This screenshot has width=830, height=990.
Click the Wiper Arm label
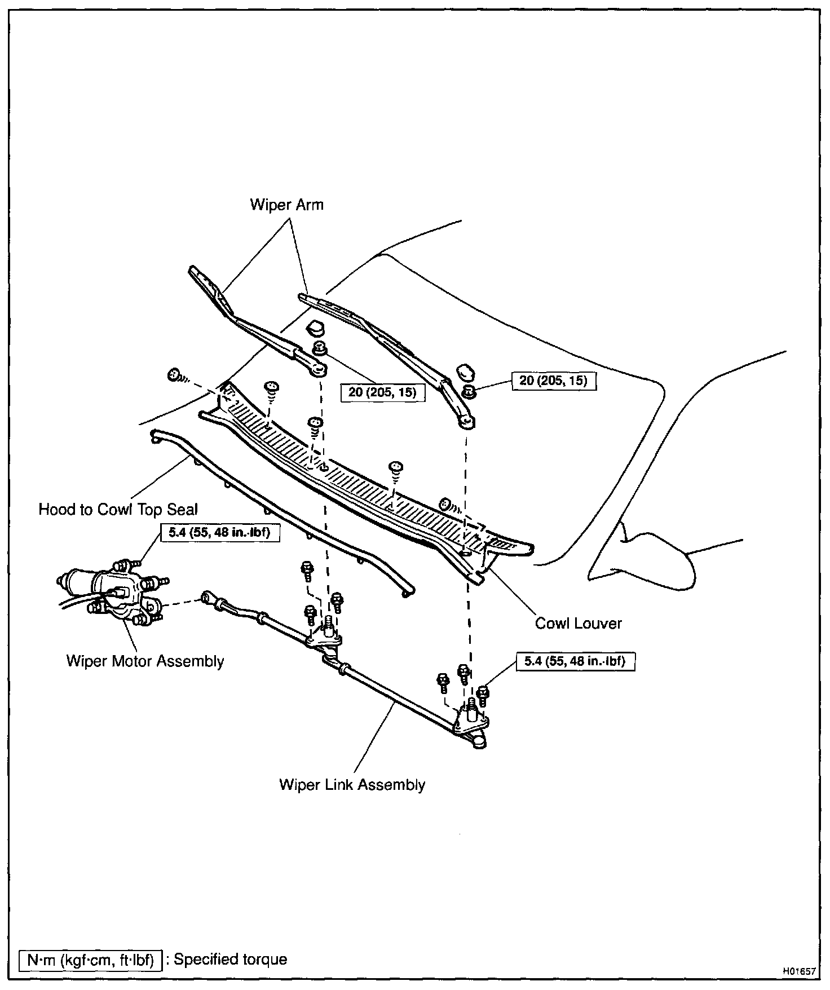286,204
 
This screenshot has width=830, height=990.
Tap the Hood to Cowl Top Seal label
118,510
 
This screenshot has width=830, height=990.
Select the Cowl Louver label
578,623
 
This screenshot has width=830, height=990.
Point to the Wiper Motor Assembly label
145,661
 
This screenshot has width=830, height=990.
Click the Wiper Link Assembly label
352,784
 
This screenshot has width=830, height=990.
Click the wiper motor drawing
113,592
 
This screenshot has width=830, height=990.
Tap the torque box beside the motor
220,533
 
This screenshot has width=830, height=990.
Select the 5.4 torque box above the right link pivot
575,661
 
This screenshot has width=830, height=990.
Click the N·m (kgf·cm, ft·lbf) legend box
90,960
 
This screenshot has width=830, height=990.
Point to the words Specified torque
230,960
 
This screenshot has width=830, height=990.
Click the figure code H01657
798,971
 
